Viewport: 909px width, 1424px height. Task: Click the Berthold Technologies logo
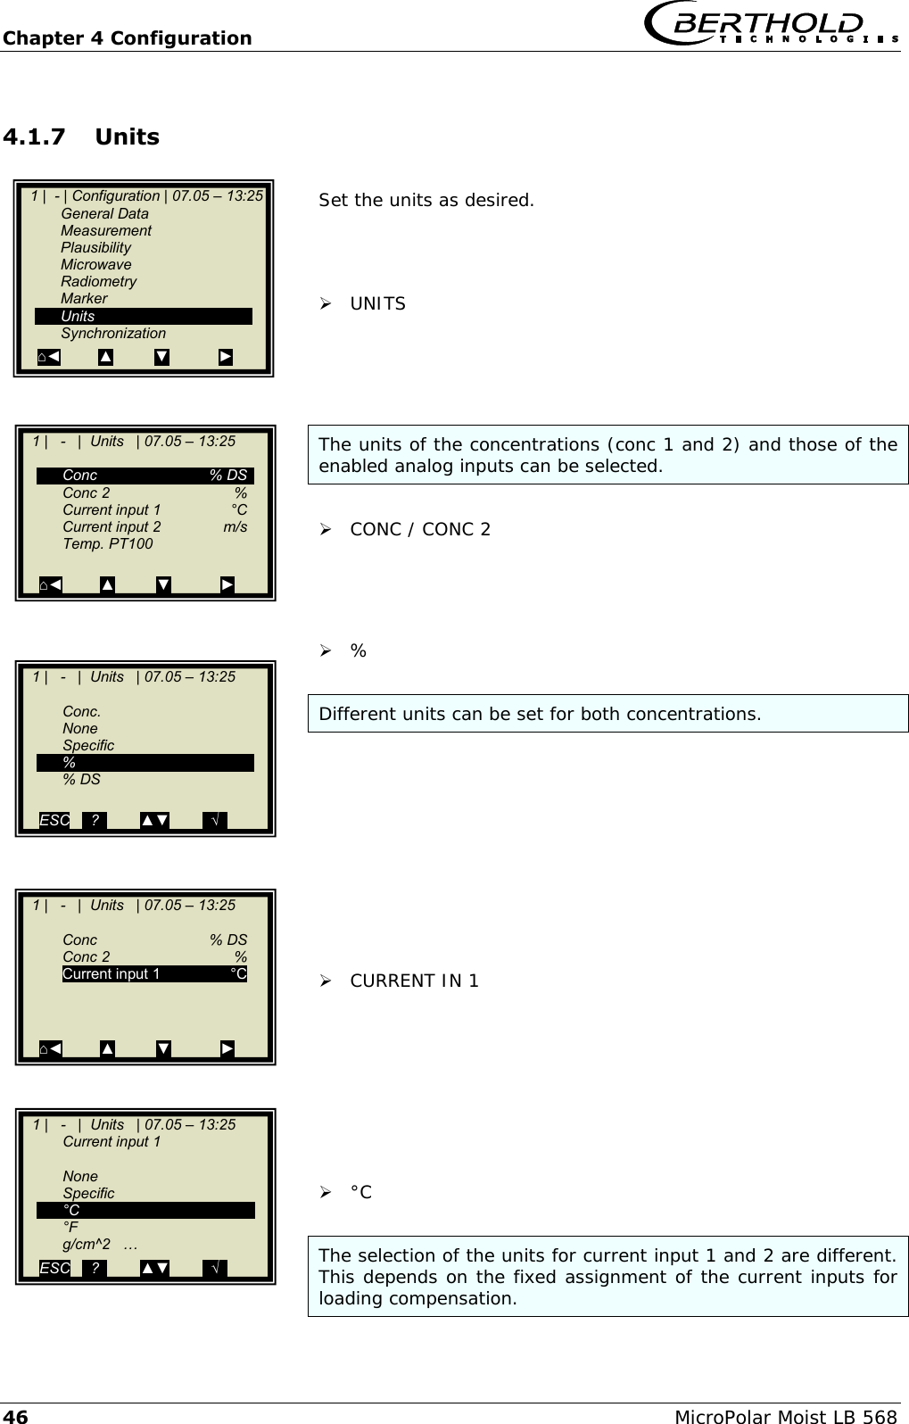(x=773, y=24)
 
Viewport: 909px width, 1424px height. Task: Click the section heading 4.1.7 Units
(x=81, y=137)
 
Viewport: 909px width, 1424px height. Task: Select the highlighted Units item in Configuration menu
(x=143, y=316)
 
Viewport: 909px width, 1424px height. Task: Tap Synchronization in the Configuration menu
(x=113, y=333)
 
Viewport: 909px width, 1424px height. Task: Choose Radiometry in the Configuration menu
(x=98, y=281)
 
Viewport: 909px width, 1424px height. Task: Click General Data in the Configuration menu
(x=104, y=213)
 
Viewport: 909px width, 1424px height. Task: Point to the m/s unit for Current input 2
(x=236, y=526)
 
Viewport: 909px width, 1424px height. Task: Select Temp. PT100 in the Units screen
(x=107, y=543)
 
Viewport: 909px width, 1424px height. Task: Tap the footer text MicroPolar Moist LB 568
(x=785, y=1416)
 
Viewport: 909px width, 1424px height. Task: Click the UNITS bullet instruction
(x=377, y=304)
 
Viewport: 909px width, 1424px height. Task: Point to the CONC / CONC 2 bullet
(x=419, y=529)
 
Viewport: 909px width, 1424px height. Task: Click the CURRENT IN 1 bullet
(x=414, y=981)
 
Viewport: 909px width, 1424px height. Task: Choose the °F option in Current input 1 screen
(x=70, y=1227)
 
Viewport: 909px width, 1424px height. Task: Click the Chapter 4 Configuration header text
(x=127, y=38)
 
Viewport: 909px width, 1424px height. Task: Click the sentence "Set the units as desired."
(x=426, y=200)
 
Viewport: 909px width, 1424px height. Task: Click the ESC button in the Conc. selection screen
(x=54, y=820)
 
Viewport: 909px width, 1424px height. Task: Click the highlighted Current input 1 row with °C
(x=154, y=973)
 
